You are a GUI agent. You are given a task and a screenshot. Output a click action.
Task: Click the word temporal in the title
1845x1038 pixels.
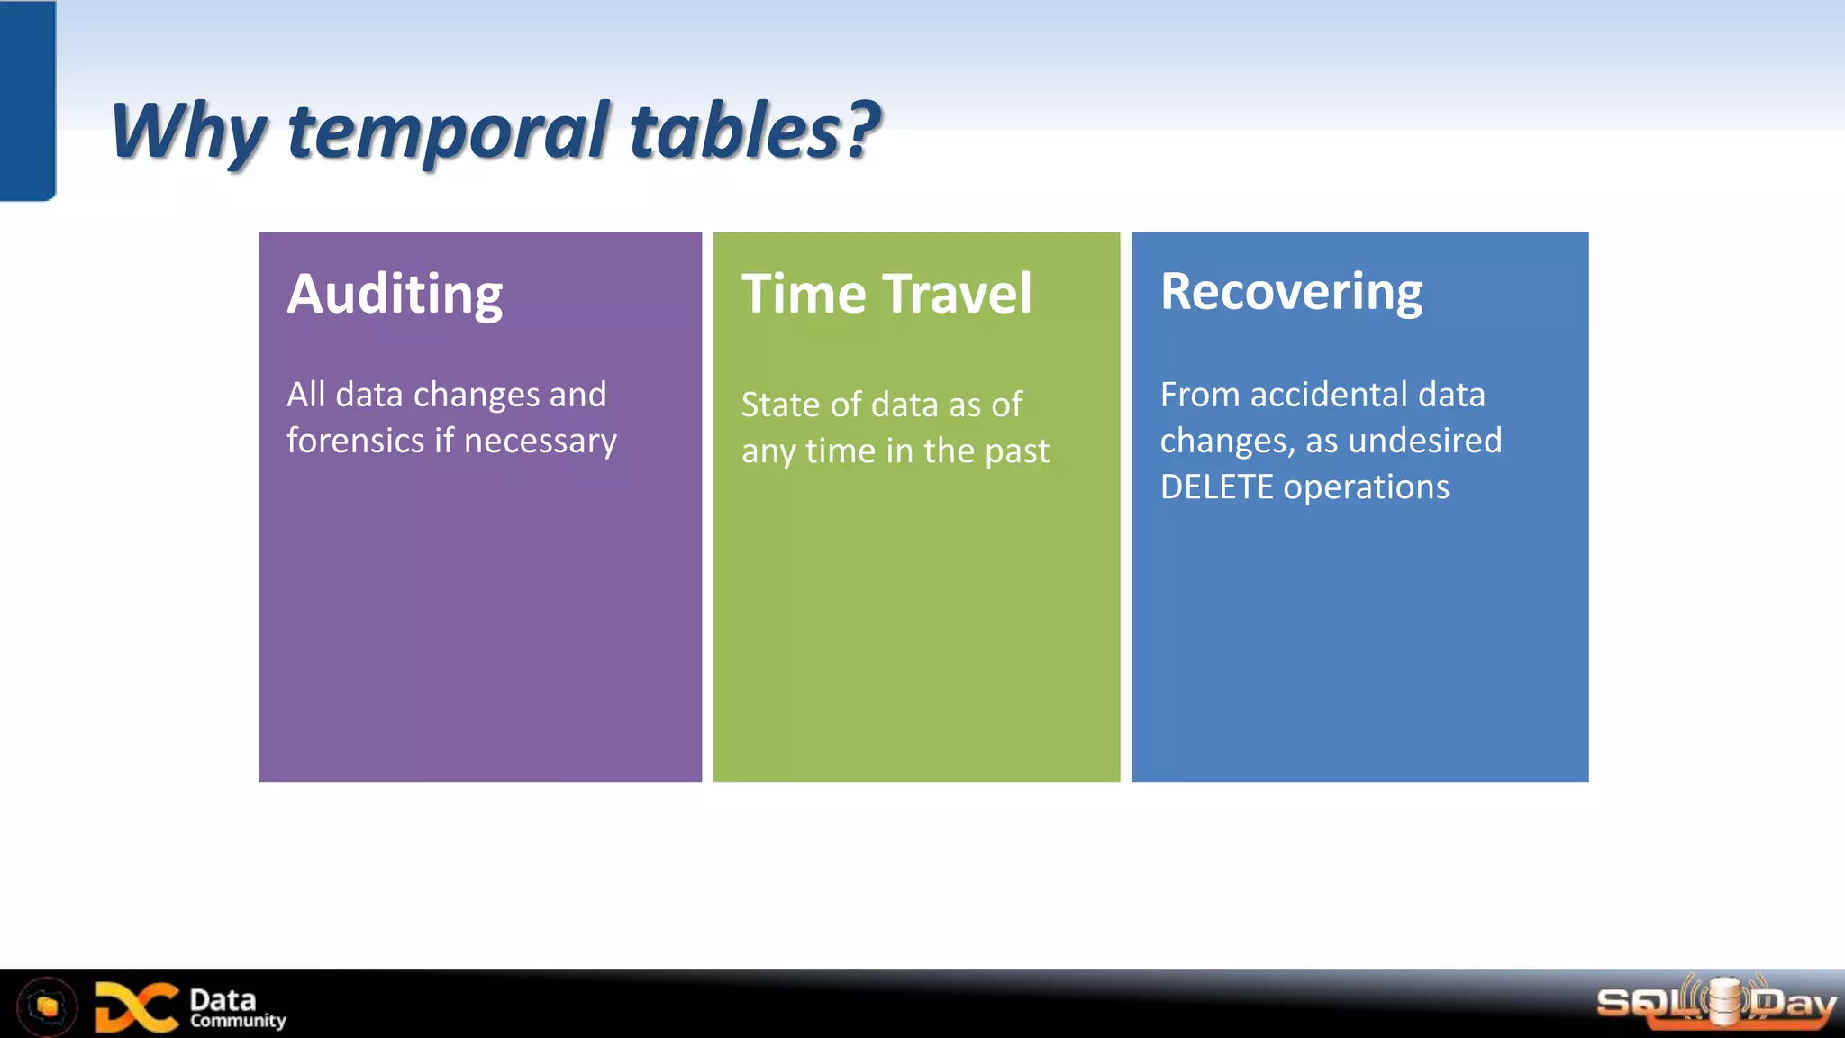pyautogui.click(x=449, y=132)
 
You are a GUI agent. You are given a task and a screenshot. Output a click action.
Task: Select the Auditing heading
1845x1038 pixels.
pyautogui.click(x=395, y=296)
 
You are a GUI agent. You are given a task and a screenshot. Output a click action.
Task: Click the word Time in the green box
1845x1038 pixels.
pyautogui.click(x=804, y=294)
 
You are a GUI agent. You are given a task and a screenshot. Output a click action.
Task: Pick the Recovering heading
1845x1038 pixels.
pyautogui.click(x=1291, y=292)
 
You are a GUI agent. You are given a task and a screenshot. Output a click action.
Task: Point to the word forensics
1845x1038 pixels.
pyautogui.click(x=355, y=441)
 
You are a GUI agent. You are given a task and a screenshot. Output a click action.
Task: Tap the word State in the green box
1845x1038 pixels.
pyautogui.click(x=780, y=405)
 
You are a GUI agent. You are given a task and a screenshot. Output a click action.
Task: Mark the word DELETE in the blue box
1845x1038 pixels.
pyautogui.click(x=1216, y=487)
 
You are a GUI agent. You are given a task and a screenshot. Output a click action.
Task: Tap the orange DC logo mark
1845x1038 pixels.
pyautogui.click(x=136, y=1006)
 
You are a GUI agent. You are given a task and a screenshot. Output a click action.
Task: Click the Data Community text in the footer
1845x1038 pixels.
pyautogui.click(x=236, y=1008)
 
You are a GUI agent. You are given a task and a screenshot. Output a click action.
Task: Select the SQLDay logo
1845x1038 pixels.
pyautogui.click(x=1715, y=1003)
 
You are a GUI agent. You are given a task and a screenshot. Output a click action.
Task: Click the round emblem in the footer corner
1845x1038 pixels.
pyautogui.click(x=47, y=1006)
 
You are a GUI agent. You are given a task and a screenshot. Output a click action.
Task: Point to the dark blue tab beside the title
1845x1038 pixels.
pyautogui.click(x=27, y=100)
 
